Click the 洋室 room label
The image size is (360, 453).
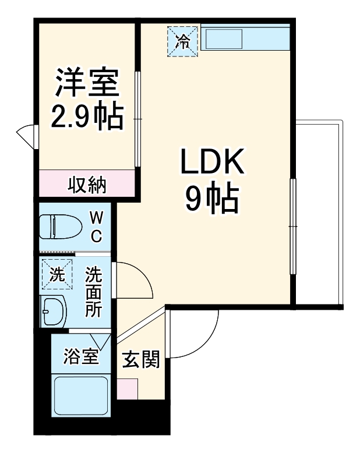[x=87, y=84]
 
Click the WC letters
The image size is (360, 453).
[x=97, y=227]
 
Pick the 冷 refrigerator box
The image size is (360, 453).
[x=183, y=41]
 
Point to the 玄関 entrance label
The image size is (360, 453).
[x=140, y=360]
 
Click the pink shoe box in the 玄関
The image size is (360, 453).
[x=128, y=388]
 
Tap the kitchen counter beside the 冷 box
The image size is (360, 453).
[x=245, y=39]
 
